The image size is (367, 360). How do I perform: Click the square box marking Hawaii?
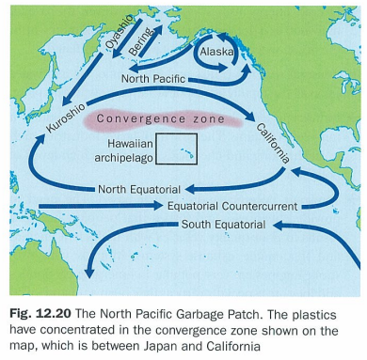(177, 148)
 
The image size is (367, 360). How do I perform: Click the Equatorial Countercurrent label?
(232, 205)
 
